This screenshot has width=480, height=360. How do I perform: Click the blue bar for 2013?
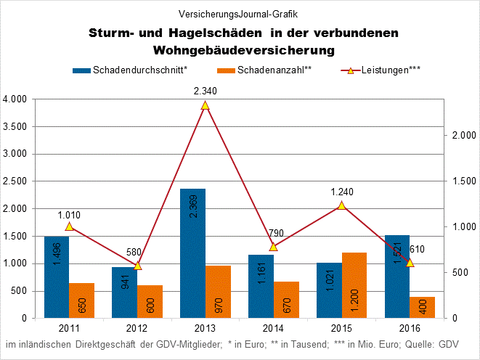[192, 253]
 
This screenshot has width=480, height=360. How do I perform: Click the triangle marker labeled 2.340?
[206, 105]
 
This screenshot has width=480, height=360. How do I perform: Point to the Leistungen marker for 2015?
[342, 205]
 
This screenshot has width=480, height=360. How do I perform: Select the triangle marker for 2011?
[69, 226]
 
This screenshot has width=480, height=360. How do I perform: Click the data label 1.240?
[342, 192]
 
